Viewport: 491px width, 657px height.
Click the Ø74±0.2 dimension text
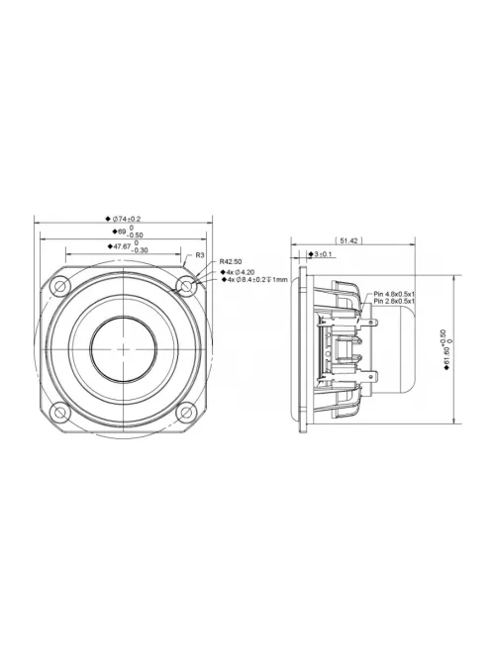124,218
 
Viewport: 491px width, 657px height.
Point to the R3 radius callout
200,255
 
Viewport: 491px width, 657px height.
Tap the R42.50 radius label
232,262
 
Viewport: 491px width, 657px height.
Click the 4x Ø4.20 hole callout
238,271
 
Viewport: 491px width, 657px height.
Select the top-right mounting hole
185,287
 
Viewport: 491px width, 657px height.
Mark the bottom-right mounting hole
185,412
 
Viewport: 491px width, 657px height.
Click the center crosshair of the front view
123,349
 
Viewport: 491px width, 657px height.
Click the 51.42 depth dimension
348,240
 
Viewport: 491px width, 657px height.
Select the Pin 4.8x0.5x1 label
394,295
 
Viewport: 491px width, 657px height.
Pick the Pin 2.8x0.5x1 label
394,303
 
